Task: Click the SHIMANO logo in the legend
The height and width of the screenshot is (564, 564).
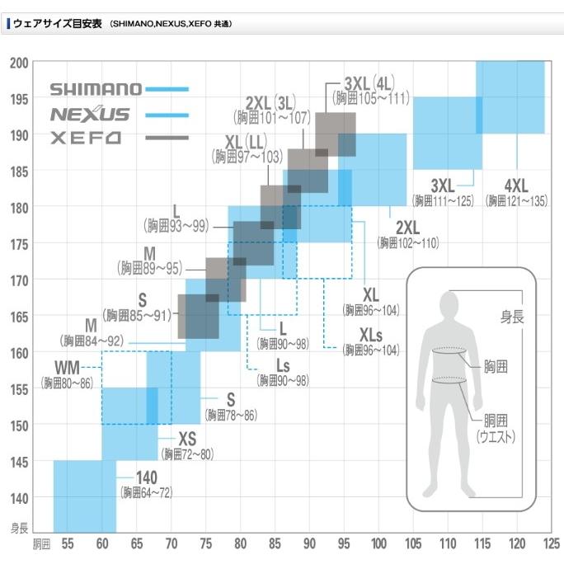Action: pos(96,88)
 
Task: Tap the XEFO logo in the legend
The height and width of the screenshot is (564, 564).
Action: pos(86,139)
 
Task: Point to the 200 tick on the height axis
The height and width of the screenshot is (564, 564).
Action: pos(18,63)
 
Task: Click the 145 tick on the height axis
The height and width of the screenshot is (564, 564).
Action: pos(18,462)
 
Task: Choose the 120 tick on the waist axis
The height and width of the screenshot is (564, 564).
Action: pos(516,544)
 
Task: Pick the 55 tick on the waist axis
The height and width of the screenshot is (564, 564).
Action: pos(68,544)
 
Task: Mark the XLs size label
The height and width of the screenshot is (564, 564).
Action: pos(371,335)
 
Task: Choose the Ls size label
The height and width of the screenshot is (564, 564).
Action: pos(282,365)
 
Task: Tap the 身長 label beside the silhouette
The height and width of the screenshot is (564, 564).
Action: pos(513,314)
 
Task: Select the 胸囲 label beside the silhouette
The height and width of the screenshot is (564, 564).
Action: pos(496,363)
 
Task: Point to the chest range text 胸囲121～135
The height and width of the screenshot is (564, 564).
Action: pos(516,200)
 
